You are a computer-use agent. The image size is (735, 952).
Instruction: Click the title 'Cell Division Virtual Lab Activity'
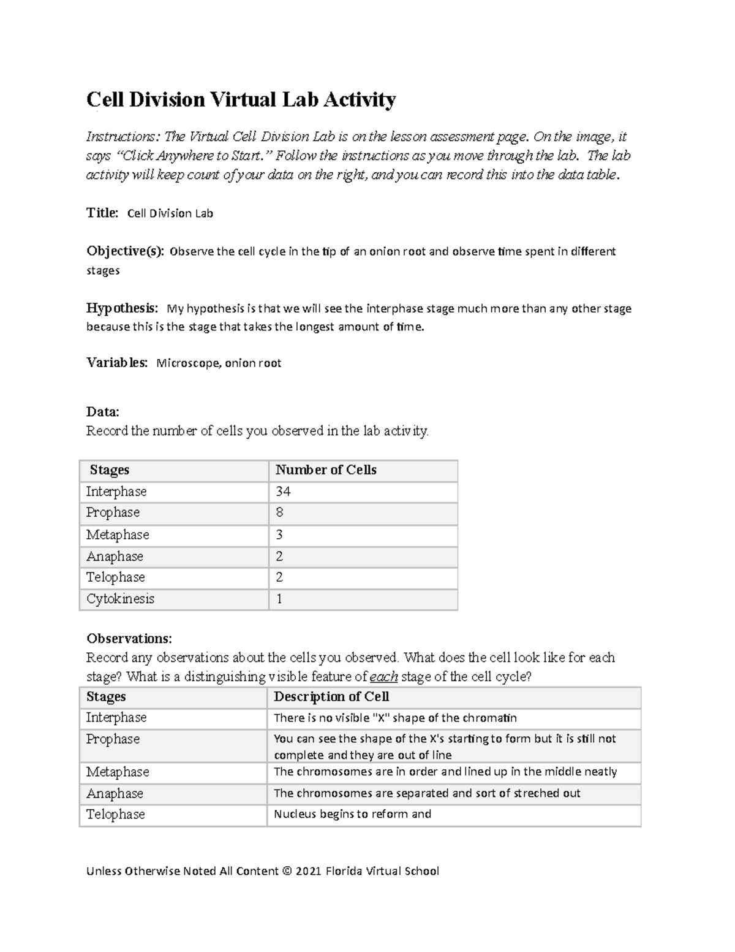[x=241, y=99]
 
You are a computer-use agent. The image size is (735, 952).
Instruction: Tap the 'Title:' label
[x=102, y=213]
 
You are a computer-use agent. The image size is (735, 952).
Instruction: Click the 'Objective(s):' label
[x=125, y=251]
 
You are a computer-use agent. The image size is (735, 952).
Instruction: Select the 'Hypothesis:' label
[x=122, y=308]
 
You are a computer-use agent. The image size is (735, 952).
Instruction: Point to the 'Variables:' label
[x=116, y=363]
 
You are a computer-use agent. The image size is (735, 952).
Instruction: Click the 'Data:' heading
[x=102, y=412]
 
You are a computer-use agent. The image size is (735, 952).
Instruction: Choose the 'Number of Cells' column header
[x=326, y=470]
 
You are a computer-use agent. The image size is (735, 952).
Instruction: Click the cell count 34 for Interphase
[x=283, y=492]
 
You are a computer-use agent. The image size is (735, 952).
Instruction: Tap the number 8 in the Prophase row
[x=279, y=512]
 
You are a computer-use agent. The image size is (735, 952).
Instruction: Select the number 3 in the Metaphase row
[x=279, y=535]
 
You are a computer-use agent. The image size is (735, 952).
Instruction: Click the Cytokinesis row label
[x=120, y=599]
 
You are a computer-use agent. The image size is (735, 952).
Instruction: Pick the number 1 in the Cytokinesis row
[x=279, y=599]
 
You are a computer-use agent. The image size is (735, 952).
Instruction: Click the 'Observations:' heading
[x=129, y=639]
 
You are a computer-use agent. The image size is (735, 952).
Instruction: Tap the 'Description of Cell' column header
[x=331, y=697]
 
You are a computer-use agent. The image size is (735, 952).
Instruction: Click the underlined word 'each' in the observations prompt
[x=384, y=677]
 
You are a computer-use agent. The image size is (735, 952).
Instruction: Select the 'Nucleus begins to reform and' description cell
[x=352, y=814]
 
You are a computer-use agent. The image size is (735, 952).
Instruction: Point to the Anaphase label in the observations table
[x=115, y=793]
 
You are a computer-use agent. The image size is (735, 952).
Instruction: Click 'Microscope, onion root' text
[x=219, y=363]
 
